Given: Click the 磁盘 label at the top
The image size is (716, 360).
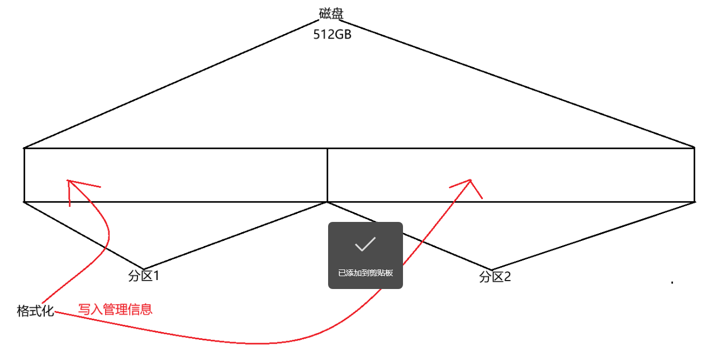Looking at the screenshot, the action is [331, 13].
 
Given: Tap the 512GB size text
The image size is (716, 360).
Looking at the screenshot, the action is [331, 34].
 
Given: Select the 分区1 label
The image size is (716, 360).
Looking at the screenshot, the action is [144, 276].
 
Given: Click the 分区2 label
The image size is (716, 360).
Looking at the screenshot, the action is [495, 277].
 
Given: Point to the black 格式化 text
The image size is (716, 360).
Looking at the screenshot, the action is [35, 311].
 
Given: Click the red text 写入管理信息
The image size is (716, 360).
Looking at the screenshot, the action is [115, 309].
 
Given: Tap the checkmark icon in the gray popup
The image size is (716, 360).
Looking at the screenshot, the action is [365, 244].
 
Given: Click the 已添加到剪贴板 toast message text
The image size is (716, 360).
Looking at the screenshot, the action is [366, 273].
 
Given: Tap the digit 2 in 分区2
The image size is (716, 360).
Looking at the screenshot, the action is [507, 277].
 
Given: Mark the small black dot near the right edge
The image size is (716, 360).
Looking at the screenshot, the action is [672, 283].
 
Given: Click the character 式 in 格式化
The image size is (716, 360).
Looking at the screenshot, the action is [35, 311].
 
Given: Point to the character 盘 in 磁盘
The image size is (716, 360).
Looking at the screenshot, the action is [338, 13].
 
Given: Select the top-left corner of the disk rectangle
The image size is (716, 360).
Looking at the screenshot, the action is [24, 148].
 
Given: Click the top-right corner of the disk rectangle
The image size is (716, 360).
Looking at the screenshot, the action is [694, 148].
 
